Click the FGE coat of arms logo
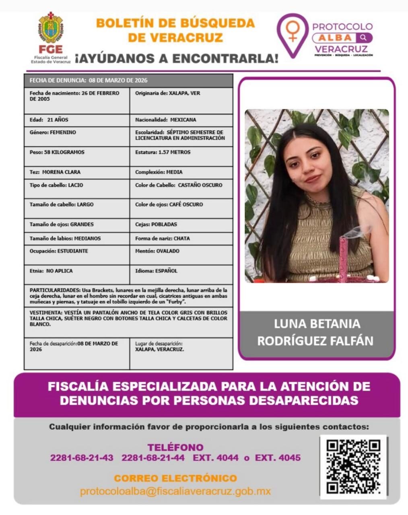[51, 29]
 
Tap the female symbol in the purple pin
[293, 31]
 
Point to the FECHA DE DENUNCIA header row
[128, 80]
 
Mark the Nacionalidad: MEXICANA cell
[181, 120]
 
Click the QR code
[353, 467]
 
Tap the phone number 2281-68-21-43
[82, 458]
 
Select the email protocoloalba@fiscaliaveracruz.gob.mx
[175, 491]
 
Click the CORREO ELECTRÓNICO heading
[175, 478]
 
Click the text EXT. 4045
[278, 458]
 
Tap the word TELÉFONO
[175, 447]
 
